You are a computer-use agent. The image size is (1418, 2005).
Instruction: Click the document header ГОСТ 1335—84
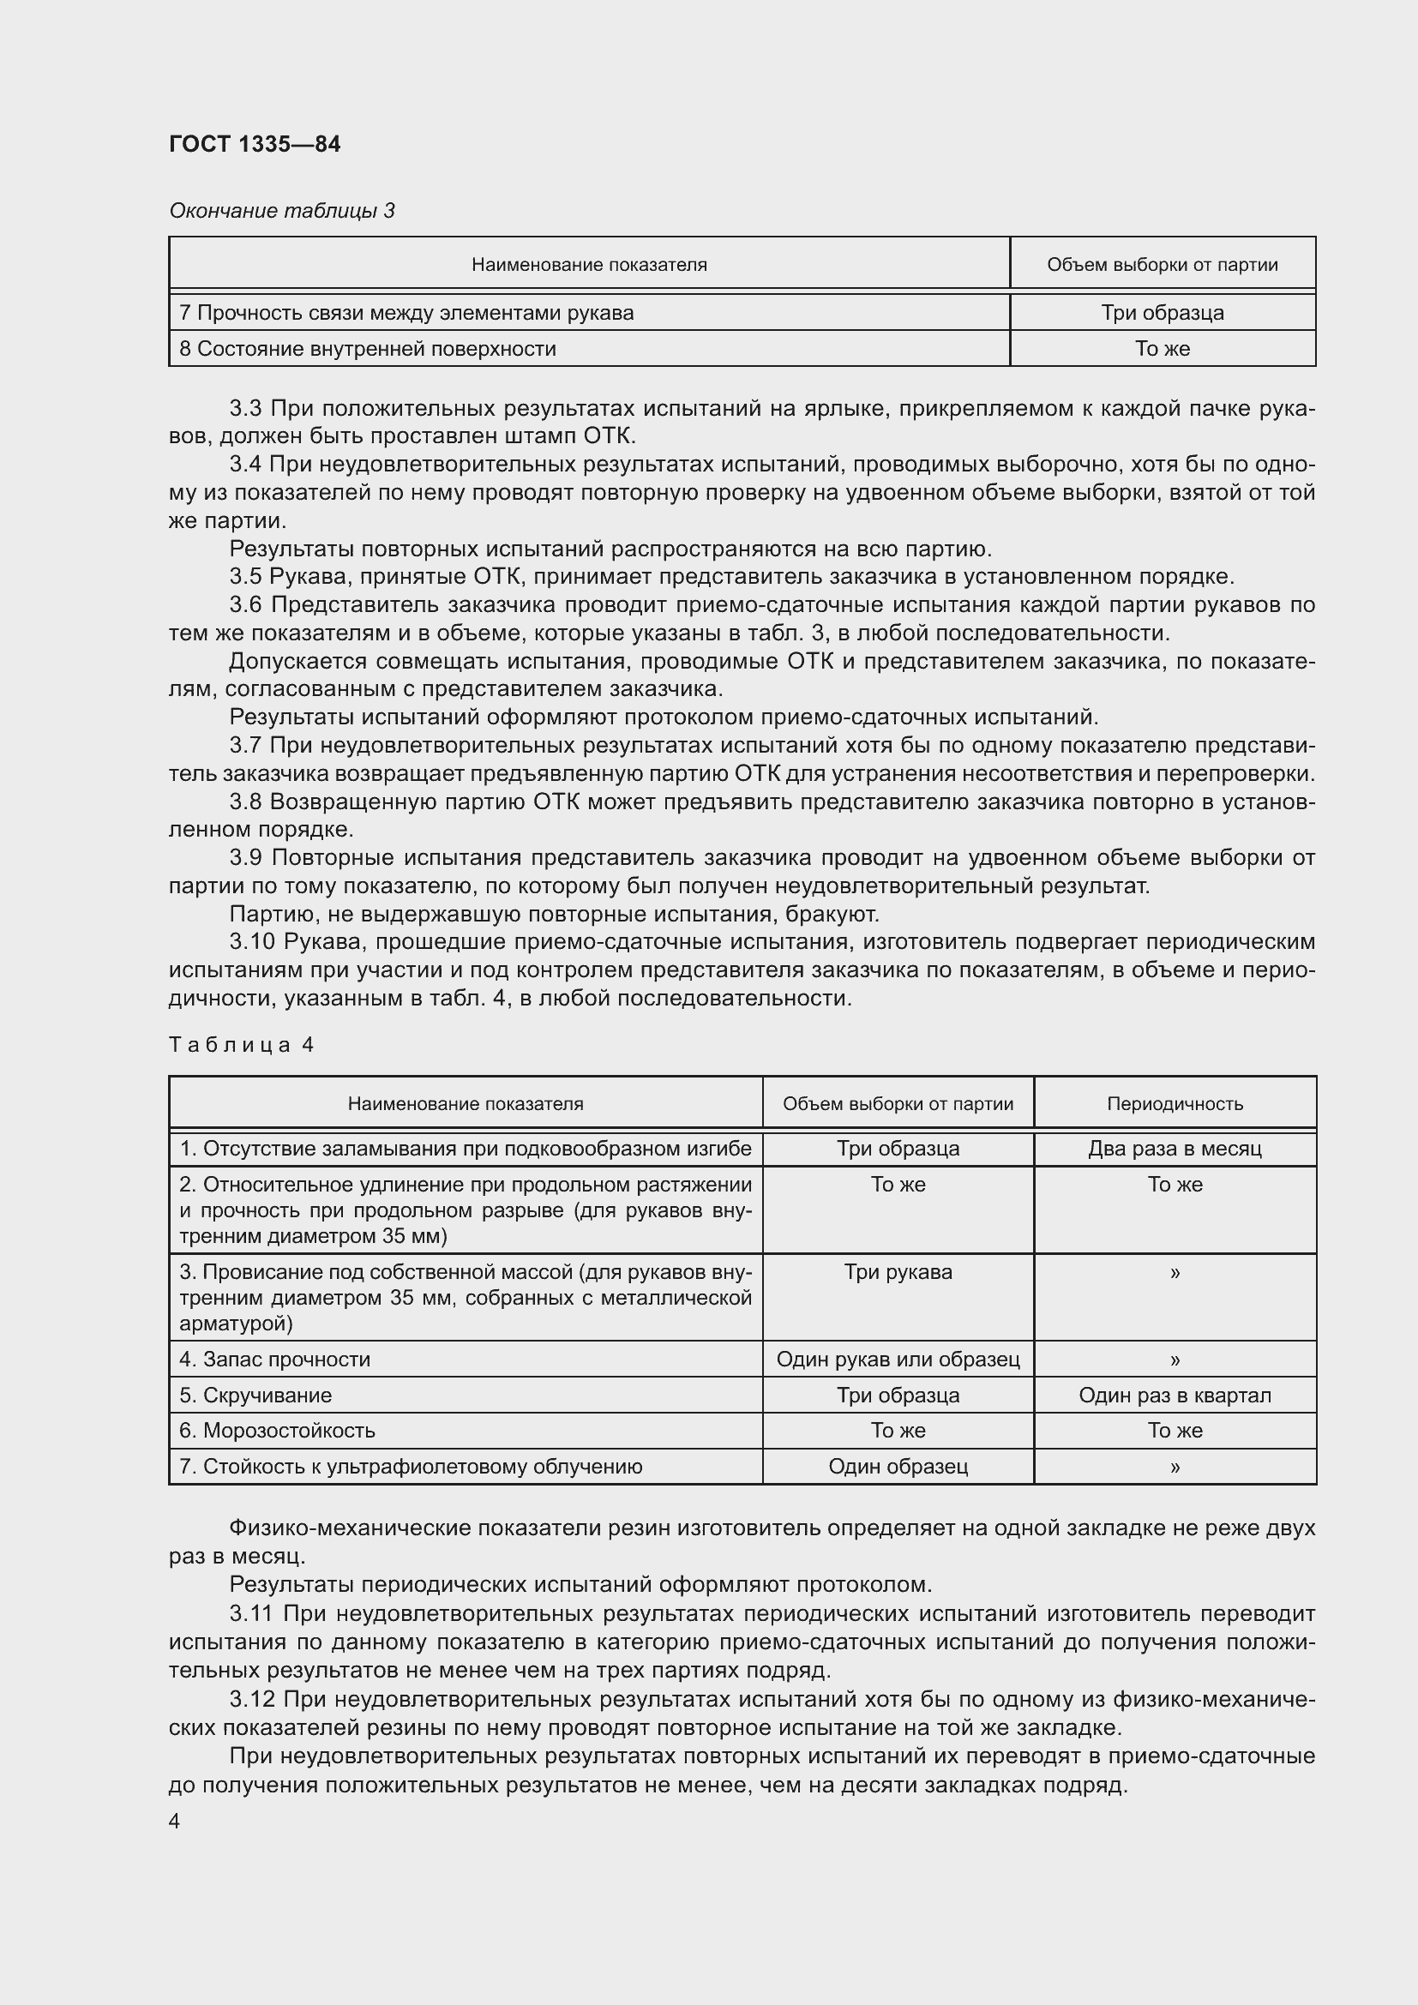pyautogui.click(x=254, y=144)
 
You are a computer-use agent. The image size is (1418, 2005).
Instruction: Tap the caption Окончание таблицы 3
pyautogui.click(x=281, y=211)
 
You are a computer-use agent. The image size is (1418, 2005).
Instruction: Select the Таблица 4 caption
pyautogui.click(x=241, y=1045)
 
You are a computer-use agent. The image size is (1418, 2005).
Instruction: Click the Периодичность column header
pyautogui.click(x=1175, y=1104)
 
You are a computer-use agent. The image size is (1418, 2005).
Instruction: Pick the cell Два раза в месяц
pyautogui.click(x=1175, y=1149)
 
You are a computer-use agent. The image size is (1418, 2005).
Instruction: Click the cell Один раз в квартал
pyautogui.click(x=1175, y=1395)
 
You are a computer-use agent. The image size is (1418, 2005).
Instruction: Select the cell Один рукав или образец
pyautogui.click(x=898, y=1359)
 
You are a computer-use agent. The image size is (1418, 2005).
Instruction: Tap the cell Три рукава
pyautogui.click(x=898, y=1271)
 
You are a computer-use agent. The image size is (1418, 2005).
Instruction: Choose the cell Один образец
pyautogui.click(x=898, y=1466)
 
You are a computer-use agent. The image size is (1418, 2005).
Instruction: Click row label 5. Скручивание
pyautogui.click(x=255, y=1395)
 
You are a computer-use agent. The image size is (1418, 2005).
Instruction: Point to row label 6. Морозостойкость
pyautogui.click(x=277, y=1431)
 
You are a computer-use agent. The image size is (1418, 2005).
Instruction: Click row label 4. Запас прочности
pyautogui.click(x=274, y=1359)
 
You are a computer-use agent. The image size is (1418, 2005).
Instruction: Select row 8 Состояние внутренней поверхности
pyautogui.click(x=367, y=348)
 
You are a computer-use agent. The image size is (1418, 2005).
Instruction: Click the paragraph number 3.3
pyautogui.click(x=246, y=409)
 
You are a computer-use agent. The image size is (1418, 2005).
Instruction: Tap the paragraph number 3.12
pyautogui.click(x=252, y=1699)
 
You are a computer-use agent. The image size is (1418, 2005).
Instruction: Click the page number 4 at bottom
pyautogui.click(x=175, y=1822)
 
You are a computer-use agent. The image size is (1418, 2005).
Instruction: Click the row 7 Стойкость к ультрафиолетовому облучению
pyautogui.click(x=411, y=1466)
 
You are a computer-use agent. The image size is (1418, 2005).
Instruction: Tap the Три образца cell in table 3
pyautogui.click(x=1163, y=313)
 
